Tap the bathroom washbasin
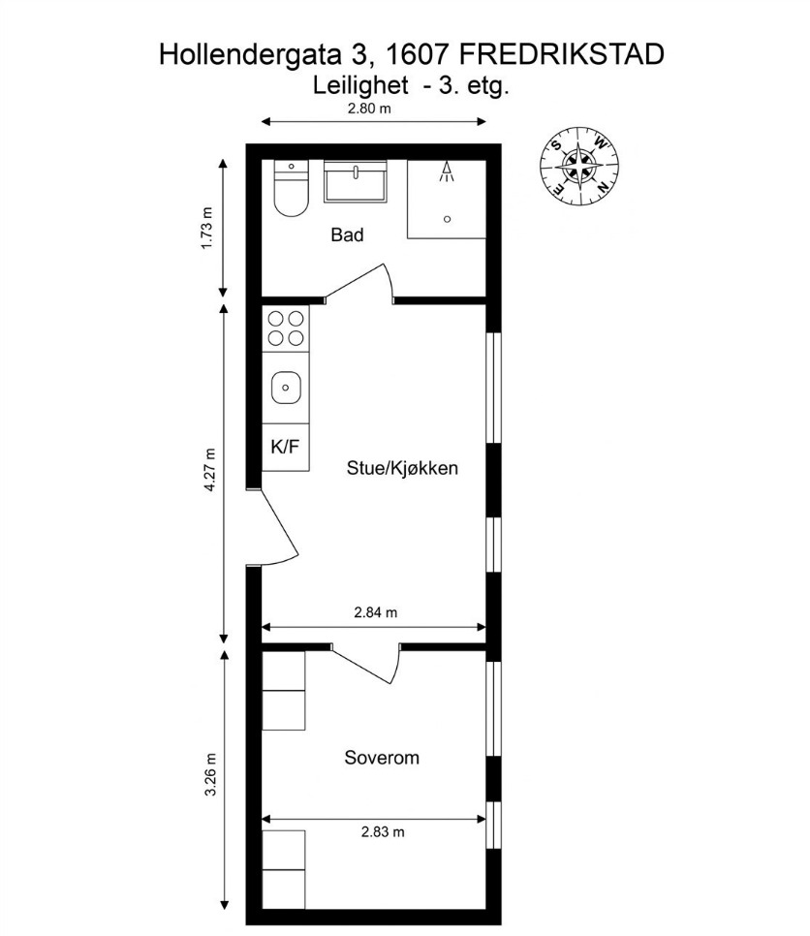tap(356, 181)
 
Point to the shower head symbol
tap(447, 172)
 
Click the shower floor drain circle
tap(447, 219)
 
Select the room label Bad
tap(347, 234)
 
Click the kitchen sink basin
tap(286, 388)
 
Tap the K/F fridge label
tap(285, 447)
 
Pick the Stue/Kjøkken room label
tap(402, 467)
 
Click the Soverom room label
tap(382, 758)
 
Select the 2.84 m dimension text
tap(376, 612)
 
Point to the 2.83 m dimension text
tap(383, 831)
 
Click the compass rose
tap(579, 166)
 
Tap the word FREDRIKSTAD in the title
tap(562, 54)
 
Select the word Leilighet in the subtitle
tap(360, 85)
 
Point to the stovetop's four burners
tap(285, 328)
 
